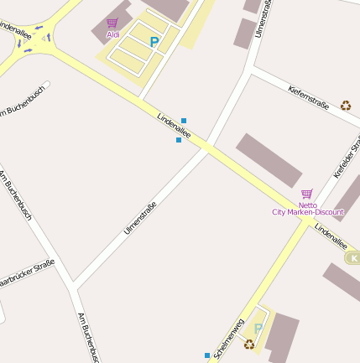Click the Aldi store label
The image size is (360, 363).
pyautogui.click(x=112, y=34)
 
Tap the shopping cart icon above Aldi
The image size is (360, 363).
pyautogui.click(x=112, y=23)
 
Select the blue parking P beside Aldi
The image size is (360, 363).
pyautogui.click(x=154, y=41)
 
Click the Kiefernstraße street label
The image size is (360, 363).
pyautogui.click(x=308, y=97)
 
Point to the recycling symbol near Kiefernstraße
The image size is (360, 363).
pyautogui.click(x=346, y=106)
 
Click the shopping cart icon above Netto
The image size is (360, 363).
pyautogui.click(x=306, y=194)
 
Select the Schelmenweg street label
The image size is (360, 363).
pyautogui.click(x=228, y=340)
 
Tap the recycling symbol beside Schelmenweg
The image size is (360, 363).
pyautogui.click(x=249, y=343)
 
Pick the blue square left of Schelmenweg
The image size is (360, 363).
pyautogui.click(x=207, y=355)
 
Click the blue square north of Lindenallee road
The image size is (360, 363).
pyautogui.click(x=184, y=121)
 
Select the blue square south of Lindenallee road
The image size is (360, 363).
pyautogui.click(x=179, y=140)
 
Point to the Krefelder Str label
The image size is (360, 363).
pyautogui.click(x=347, y=158)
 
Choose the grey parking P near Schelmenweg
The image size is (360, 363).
pyautogui.click(x=258, y=329)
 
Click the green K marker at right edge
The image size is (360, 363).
pyautogui.click(x=353, y=258)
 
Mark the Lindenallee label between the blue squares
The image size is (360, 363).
pyautogui.click(x=175, y=126)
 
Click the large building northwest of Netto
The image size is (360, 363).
pyautogui.click(x=268, y=159)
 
